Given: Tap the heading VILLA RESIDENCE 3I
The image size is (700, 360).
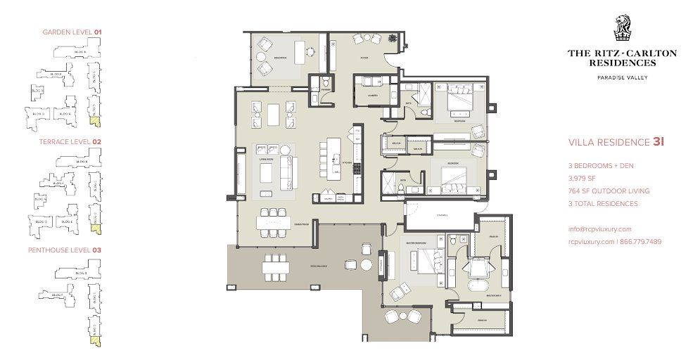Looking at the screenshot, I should [616, 142].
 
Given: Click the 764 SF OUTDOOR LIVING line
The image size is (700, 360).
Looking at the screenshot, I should [609, 191].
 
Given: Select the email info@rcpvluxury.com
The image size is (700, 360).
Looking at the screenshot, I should [599, 229].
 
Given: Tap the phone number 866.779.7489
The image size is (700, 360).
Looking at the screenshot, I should [640, 242].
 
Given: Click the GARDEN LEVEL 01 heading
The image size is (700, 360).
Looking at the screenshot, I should [72, 32].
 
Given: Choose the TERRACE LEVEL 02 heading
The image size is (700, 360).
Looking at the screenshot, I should [72, 141].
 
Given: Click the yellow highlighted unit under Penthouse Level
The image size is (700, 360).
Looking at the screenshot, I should [94, 340].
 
